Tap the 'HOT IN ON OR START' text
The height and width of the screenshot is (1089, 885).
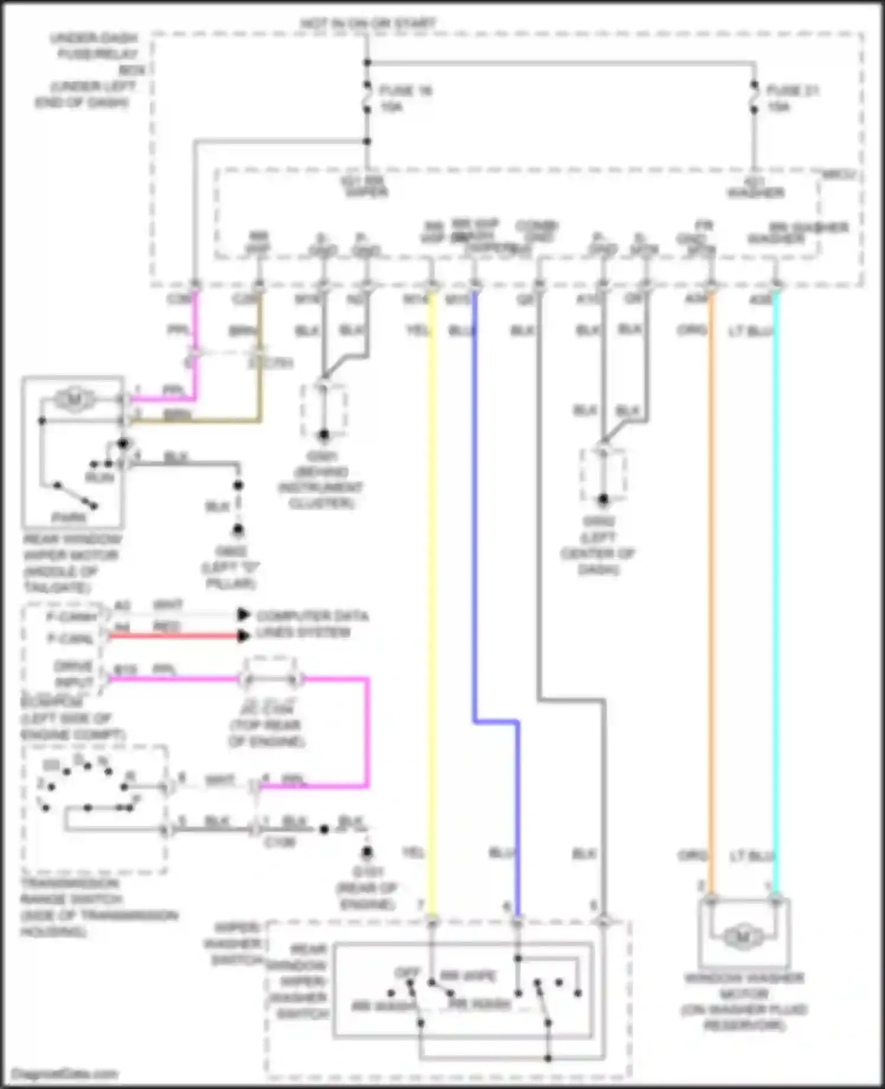pos(368,24)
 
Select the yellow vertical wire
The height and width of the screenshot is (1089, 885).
pos(432,590)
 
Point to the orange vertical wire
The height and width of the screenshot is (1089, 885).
pos(711,590)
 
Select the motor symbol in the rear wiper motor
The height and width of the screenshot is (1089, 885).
pos(75,401)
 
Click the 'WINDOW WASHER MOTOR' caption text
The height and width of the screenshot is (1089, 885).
pos(743,1001)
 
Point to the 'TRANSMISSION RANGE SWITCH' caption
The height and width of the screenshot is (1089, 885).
pos(97,907)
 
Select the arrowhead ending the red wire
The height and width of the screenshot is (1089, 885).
pos(242,636)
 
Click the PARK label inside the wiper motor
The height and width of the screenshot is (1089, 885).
pos(69,517)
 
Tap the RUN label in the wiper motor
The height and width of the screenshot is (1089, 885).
pos(100,477)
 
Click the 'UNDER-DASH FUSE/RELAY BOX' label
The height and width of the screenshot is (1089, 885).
pos(88,70)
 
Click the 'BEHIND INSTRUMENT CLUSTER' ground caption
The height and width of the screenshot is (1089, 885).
pos(321,488)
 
